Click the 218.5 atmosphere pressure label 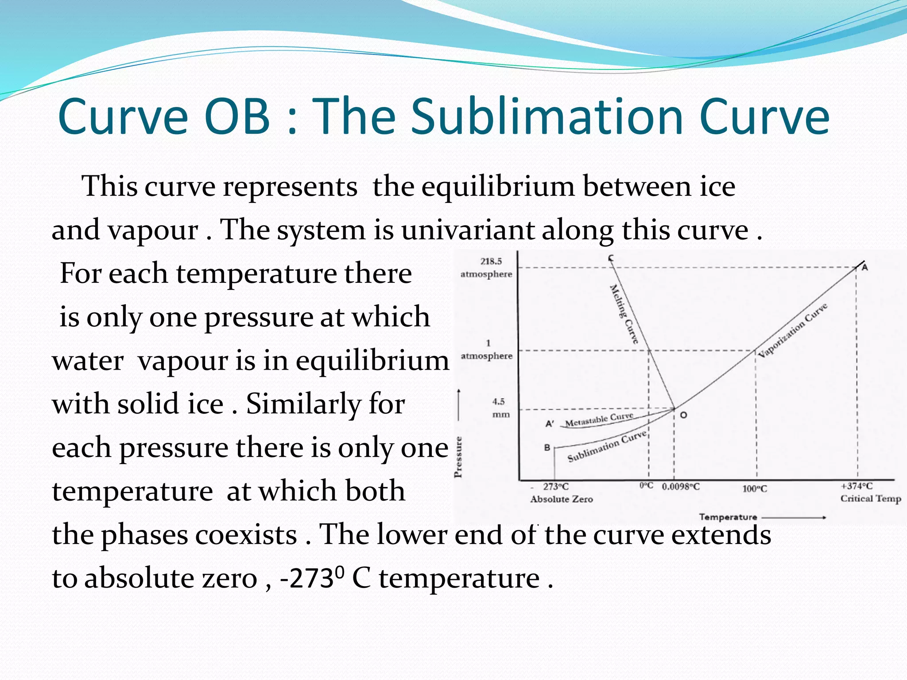[487, 268]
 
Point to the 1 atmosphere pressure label [487, 350]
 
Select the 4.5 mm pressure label [500, 408]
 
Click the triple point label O [683, 415]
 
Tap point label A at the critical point [864, 267]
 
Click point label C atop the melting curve [610, 258]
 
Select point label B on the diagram [547, 448]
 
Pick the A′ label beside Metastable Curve [550, 424]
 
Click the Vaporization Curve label [792, 330]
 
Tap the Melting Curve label [624, 314]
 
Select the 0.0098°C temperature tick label [681, 487]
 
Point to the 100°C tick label [755, 489]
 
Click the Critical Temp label [870, 498]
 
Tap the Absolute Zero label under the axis [561, 499]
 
